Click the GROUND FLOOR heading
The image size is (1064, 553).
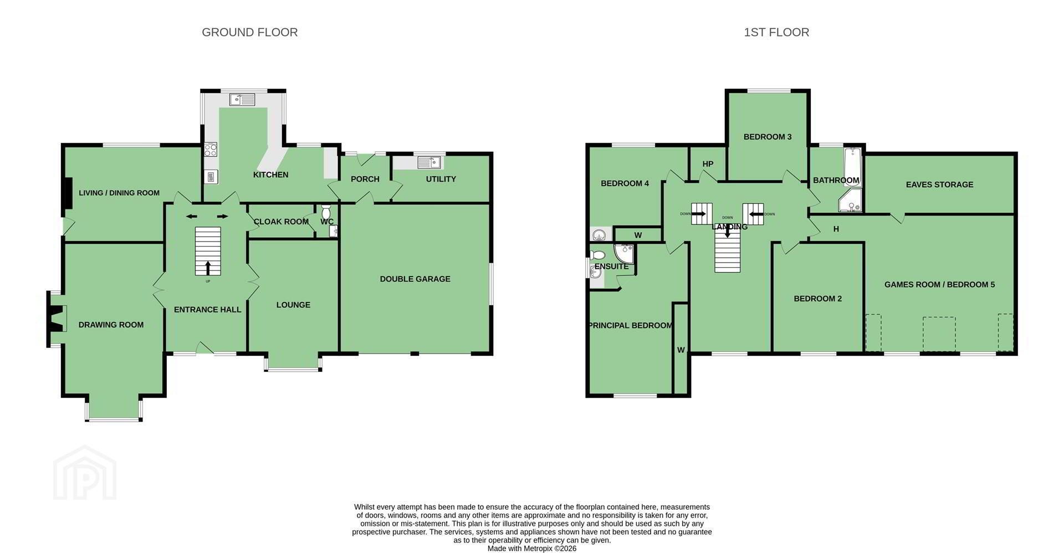[249, 32]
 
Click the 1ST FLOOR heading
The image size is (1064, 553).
[776, 32]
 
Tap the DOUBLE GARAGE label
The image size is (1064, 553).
[415, 279]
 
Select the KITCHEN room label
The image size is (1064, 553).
[270, 175]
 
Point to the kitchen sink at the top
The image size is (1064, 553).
[242, 99]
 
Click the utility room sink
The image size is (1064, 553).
[429, 162]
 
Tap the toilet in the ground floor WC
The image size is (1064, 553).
[326, 212]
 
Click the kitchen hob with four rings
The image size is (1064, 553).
[211, 150]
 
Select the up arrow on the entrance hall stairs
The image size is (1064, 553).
[208, 268]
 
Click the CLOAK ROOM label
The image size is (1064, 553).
[281, 222]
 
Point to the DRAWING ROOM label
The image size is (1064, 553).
[111, 325]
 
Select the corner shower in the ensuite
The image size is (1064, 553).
[623, 254]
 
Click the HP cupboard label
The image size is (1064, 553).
[708, 164]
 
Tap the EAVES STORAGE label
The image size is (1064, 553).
[939, 185]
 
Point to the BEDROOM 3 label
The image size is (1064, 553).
[768, 137]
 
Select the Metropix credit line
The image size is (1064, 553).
[532, 549]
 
